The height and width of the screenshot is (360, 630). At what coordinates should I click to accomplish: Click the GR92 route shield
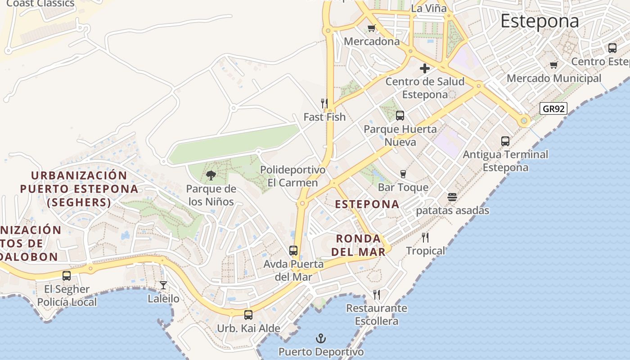[x=553, y=108]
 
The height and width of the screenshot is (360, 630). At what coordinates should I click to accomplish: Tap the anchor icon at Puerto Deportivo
[x=321, y=338]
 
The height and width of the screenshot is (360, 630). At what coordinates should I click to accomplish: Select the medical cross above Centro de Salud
[x=424, y=68]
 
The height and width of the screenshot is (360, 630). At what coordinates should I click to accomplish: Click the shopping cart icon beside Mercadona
[x=371, y=28]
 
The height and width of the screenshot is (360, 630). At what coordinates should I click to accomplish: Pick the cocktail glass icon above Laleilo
[x=163, y=285]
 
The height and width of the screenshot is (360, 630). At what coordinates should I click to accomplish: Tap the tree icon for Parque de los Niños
[x=211, y=175]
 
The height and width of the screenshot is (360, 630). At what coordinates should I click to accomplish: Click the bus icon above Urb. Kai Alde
[x=248, y=315]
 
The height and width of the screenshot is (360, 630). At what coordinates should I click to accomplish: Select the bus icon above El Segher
[x=67, y=275]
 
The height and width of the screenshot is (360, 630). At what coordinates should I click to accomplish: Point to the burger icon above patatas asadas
[x=452, y=197]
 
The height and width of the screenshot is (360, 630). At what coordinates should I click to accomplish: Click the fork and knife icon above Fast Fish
[x=324, y=103]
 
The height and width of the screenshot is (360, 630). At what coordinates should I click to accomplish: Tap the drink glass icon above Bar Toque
[x=403, y=174]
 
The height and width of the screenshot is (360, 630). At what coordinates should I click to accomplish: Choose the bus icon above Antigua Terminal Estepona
[x=505, y=141]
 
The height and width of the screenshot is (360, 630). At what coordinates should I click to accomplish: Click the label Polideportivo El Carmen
[x=292, y=176]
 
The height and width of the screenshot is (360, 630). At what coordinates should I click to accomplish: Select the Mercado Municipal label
[x=553, y=78]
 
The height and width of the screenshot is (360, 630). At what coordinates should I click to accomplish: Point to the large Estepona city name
[x=540, y=21]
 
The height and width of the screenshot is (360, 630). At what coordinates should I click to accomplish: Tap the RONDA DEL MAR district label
[x=359, y=245]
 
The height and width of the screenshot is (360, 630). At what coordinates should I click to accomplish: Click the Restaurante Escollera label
[x=377, y=315]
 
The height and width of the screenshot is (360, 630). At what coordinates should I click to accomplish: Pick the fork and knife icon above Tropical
[x=425, y=237]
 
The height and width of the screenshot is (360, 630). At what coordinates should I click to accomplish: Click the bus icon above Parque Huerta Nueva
[x=400, y=116]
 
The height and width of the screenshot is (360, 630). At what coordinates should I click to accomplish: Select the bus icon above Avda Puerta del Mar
[x=293, y=250]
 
